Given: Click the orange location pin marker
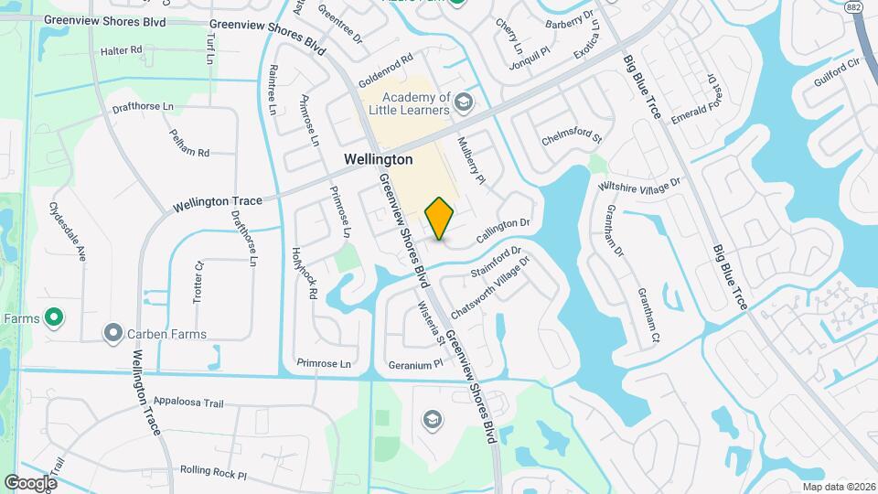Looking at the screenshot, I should pos(440,218).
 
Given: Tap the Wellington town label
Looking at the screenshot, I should pos(378,159).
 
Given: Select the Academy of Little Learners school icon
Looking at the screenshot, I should pos(465,101).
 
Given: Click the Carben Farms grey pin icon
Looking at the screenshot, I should pos(113,333).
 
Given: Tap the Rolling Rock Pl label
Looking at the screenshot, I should pos(214,473).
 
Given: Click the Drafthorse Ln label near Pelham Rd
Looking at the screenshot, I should pos(143,107).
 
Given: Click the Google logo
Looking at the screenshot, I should pos(30,482).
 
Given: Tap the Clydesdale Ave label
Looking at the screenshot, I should pos(67,232).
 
